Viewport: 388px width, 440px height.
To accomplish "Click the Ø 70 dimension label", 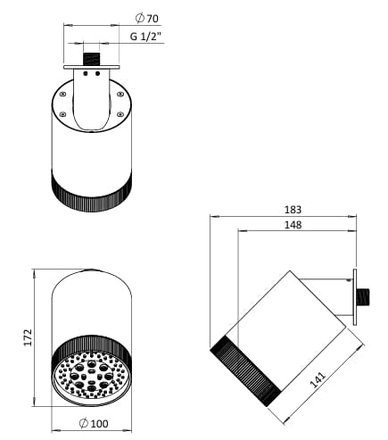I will (x=146, y=17).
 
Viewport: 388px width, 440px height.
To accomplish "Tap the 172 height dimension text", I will (x=29, y=336).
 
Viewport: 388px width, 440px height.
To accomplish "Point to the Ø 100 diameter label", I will (x=94, y=422).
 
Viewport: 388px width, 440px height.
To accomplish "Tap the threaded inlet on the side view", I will (x=362, y=294).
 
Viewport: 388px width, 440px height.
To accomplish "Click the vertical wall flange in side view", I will (x=354, y=294).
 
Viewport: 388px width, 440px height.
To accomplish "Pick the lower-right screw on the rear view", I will (x=120, y=113).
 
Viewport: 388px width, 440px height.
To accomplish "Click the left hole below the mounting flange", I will (x=86, y=75).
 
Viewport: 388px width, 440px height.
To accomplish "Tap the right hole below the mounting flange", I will (x=96, y=75).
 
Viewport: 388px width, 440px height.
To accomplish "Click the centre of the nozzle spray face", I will (x=91, y=377).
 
